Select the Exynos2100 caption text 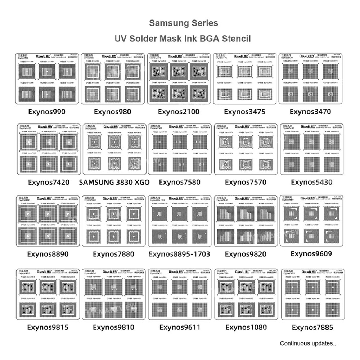coord(179,112)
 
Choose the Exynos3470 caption coord(310,112)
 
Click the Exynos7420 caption coord(48,182)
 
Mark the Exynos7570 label coord(246,182)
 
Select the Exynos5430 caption coord(311,182)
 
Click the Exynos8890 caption coord(48,254)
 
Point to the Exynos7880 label coord(113,254)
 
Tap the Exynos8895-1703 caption coord(179,254)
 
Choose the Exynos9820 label coord(246,254)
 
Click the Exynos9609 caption coord(311,254)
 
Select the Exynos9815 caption coord(48,327)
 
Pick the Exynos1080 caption coord(246,327)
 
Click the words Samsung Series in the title coord(184,23)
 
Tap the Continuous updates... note coord(309,343)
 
